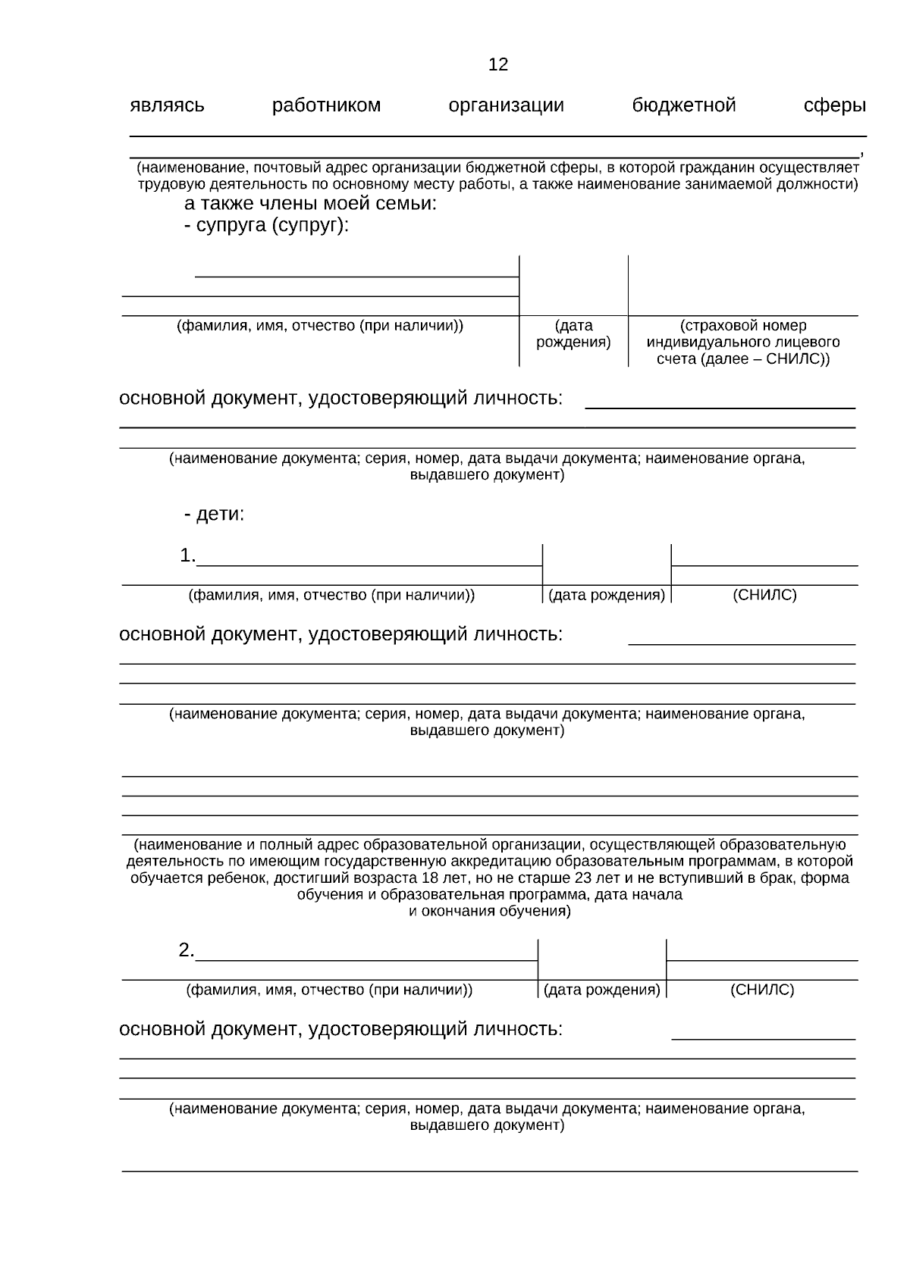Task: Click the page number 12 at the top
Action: [498, 65]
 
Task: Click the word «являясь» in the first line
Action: [167, 105]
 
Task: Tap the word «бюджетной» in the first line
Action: [683, 105]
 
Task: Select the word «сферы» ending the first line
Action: [834, 105]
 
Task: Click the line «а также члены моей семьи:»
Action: [310, 204]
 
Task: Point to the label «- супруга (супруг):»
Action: [266, 226]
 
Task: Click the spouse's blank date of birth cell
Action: [573, 286]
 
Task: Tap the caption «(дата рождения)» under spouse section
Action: [573, 334]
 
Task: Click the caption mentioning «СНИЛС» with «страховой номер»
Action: [742, 343]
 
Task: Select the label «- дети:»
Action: [214, 515]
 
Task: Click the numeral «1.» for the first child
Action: [187, 556]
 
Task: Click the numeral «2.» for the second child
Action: [187, 951]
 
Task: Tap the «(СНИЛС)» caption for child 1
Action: [764, 596]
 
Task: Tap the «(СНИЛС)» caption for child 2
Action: [761, 990]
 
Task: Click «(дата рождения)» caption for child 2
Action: [602, 990]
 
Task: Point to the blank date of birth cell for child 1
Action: [607, 565]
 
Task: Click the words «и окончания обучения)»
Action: [490, 912]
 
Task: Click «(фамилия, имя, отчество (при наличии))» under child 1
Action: [331, 596]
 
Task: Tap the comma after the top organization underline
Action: [861, 154]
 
